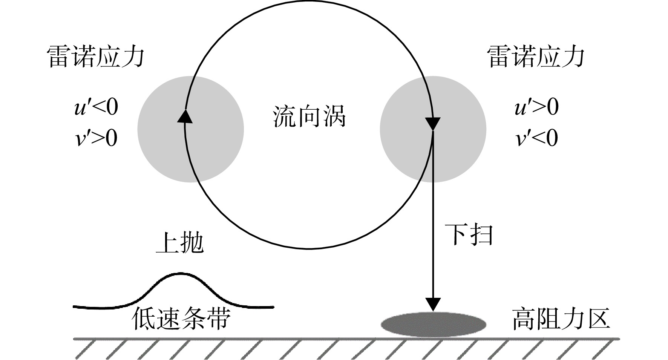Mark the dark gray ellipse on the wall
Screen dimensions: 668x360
(x=433, y=324)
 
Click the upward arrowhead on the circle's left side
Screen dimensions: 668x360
(x=185, y=116)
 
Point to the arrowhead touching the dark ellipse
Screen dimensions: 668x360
(x=433, y=305)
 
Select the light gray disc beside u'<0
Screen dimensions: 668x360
(x=190, y=129)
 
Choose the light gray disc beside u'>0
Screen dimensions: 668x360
(x=433, y=129)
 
